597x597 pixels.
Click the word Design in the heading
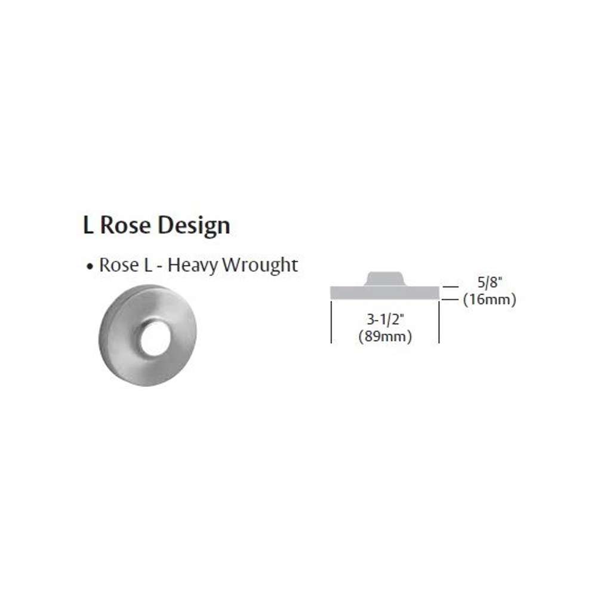pos(194,226)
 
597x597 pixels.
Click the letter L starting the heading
pos(88,225)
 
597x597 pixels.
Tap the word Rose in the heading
pos(125,225)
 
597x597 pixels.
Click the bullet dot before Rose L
pos(90,266)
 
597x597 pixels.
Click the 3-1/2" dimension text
pos(384,319)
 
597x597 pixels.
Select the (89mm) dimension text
pos(385,337)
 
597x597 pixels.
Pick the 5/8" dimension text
pos(490,282)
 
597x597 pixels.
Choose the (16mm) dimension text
pos(490,300)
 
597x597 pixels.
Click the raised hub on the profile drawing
pos(384,278)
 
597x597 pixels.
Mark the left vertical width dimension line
pos(331,322)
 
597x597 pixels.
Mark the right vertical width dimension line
pos(439,322)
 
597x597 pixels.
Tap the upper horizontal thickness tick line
pos(450,287)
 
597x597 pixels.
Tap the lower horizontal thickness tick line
pos(450,300)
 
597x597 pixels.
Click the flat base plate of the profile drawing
pos(384,293)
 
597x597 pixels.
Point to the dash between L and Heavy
pos(160,267)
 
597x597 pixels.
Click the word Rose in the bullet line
pos(119,265)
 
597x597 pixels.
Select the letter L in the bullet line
pos(147,265)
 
